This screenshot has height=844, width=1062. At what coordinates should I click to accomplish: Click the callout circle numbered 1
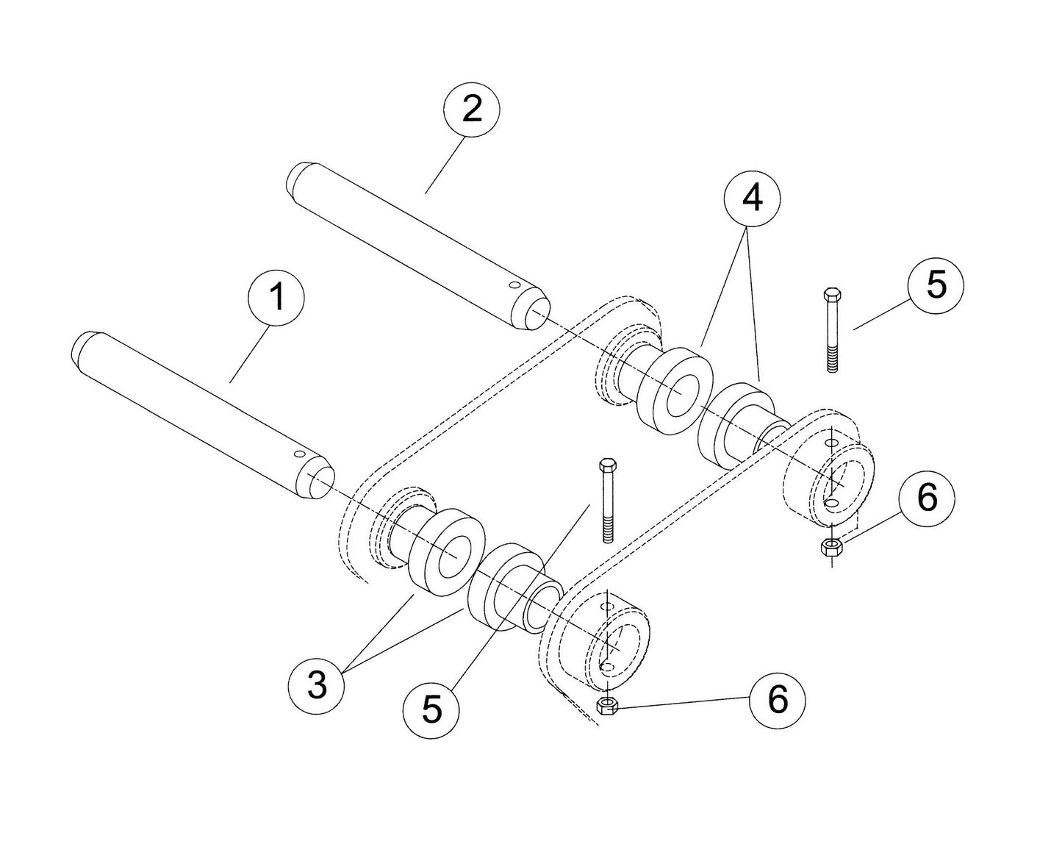coord(277,295)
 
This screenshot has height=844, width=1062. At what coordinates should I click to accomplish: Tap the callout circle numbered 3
coord(317,686)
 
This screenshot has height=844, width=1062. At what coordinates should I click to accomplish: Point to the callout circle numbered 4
coord(751,198)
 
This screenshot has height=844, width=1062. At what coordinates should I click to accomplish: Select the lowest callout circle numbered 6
coord(778,698)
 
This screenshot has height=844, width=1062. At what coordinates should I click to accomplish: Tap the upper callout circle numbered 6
coord(928,498)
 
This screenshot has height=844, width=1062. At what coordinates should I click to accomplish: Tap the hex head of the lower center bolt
coord(607,465)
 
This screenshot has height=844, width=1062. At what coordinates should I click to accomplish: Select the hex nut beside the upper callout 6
coord(831,546)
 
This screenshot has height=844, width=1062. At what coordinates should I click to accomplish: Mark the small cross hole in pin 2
coord(514,285)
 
